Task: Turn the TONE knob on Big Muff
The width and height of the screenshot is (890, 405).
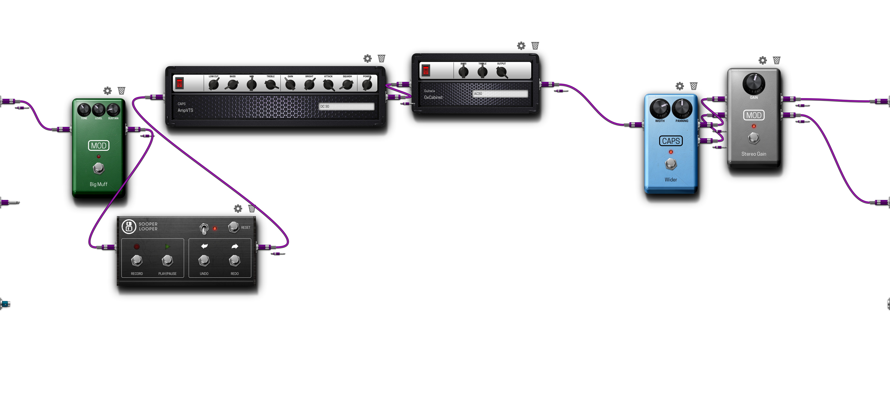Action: click(x=84, y=110)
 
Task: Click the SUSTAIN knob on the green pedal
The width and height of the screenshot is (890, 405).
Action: click(x=113, y=110)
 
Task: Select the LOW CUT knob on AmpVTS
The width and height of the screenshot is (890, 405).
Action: click(x=214, y=84)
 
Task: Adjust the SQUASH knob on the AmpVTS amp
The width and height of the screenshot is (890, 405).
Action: click(x=347, y=84)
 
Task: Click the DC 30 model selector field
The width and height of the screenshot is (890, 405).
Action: click(x=346, y=106)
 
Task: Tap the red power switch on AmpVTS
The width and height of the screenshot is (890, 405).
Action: click(x=179, y=83)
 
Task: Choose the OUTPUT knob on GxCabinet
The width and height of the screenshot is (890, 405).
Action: click(x=501, y=72)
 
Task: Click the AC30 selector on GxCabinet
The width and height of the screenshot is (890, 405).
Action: click(x=500, y=94)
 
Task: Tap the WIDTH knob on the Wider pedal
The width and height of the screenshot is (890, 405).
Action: click(x=660, y=109)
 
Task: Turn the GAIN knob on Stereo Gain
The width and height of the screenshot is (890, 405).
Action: click(x=753, y=84)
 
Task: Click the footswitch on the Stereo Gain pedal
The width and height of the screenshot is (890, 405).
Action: click(x=753, y=138)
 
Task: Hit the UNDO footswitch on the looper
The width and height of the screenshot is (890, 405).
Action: click(x=204, y=260)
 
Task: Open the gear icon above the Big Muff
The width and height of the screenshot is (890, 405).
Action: click(x=108, y=91)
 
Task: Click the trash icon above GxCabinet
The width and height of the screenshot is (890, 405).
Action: click(x=535, y=46)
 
